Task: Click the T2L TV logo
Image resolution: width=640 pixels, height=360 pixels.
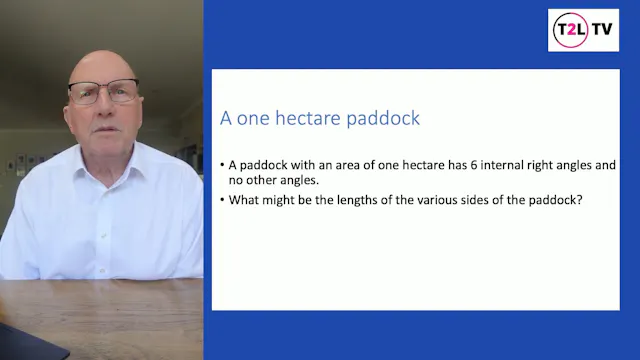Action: [584, 30]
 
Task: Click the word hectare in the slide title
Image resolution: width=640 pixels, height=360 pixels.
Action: [303, 118]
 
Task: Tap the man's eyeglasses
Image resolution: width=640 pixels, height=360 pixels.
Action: [103, 92]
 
